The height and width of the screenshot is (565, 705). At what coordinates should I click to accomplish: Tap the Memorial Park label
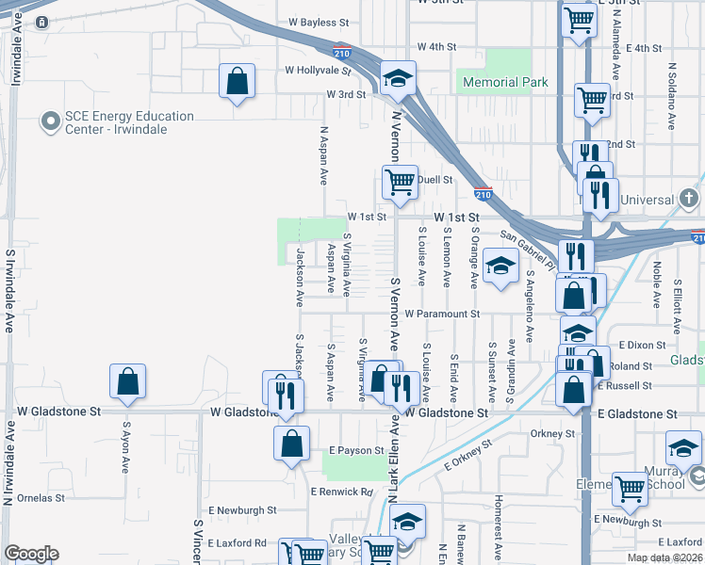point(504,82)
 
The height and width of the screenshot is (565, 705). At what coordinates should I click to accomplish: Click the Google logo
point(31,554)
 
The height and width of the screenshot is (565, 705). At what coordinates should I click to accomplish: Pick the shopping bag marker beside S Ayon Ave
point(127,381)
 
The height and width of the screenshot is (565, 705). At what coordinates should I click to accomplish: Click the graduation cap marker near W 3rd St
point(399,78)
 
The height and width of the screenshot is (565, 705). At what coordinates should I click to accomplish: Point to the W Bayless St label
point(319,21)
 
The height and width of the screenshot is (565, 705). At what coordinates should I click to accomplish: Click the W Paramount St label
point(442,314)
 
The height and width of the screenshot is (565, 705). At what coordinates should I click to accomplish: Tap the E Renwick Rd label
point(341,492)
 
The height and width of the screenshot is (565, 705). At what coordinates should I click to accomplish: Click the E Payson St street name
point(355,451)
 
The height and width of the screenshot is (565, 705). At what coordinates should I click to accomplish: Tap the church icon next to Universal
point(689,199)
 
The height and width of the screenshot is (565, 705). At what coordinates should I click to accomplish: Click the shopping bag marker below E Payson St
point(291,443)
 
